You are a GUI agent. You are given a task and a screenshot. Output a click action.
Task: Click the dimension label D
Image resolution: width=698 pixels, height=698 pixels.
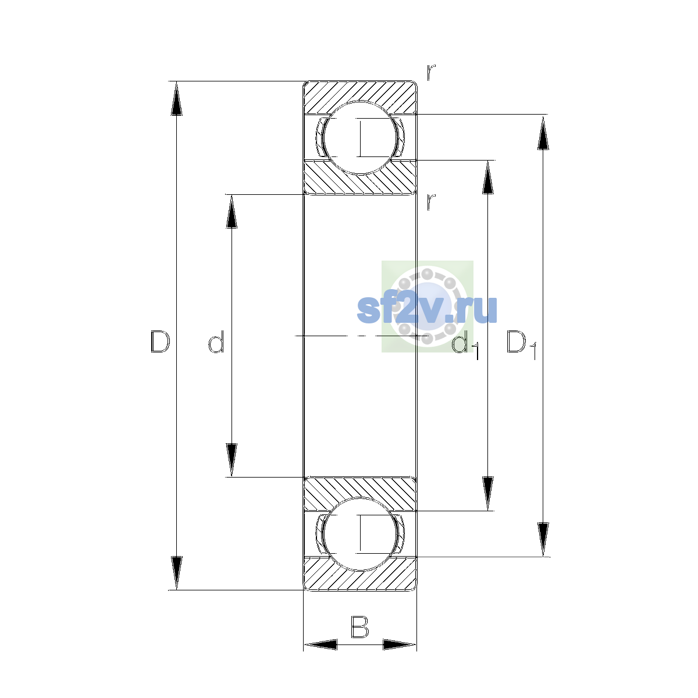click(160, 341)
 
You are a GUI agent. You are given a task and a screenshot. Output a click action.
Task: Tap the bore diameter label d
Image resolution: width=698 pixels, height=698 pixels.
click(216, 341)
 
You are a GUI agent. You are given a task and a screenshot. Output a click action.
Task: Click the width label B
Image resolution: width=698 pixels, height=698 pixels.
click(359, 627)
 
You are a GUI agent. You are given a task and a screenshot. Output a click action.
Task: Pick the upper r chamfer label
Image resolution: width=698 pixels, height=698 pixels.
click(430, 73)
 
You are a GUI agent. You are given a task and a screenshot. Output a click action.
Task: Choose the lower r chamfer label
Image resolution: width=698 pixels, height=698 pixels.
click(430, 202)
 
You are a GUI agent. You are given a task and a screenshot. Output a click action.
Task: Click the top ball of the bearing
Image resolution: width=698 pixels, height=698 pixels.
click(359, 138)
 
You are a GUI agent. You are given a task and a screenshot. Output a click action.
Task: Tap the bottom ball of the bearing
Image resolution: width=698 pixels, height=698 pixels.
click(359, 534)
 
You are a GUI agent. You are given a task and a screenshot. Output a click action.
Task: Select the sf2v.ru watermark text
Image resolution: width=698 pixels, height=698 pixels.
click(427, 309)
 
